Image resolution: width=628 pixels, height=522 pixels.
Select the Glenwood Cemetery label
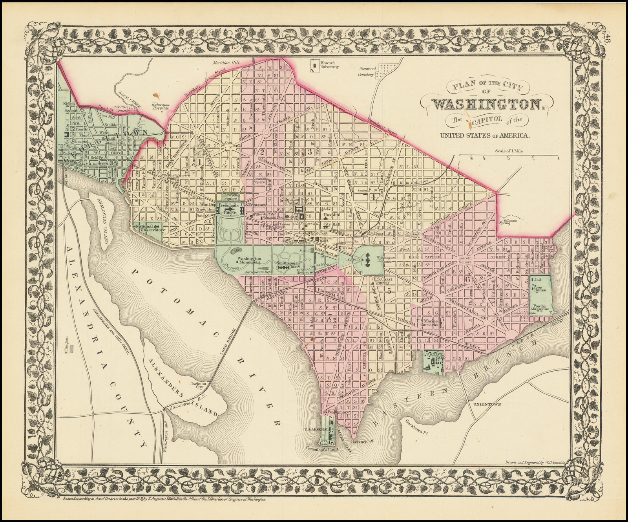368,71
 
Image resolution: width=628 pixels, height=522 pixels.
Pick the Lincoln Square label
466,261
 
